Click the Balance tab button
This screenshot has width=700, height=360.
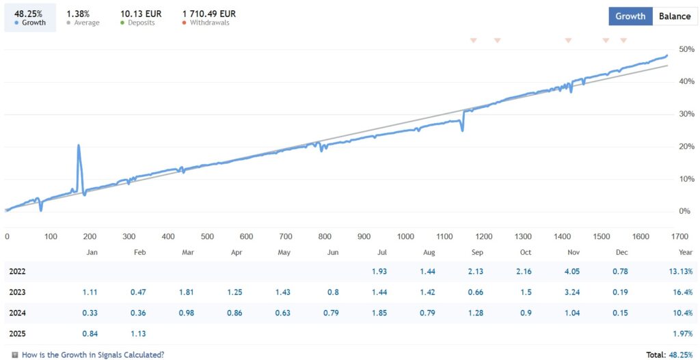point(674,16)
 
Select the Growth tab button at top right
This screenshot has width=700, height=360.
point(630,16)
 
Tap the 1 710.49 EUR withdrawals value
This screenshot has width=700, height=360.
point(209,13)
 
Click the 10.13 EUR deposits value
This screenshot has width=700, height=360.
point(141,13)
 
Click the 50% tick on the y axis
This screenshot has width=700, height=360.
point(685,49)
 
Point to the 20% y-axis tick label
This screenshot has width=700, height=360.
point(685,146)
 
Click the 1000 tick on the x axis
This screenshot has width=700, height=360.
point(405,237)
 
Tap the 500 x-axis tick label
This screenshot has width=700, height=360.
point(207,237)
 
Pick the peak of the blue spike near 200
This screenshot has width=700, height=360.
point(79,146)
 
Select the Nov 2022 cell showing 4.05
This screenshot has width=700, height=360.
point(573,271)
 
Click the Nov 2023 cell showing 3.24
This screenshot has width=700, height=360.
point(573,292)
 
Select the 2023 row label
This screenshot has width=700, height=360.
point(18,292)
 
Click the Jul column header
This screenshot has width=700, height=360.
point(381,252)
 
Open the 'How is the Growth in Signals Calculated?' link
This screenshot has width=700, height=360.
point(92,355)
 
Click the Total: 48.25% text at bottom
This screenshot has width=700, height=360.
point(669,355)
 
